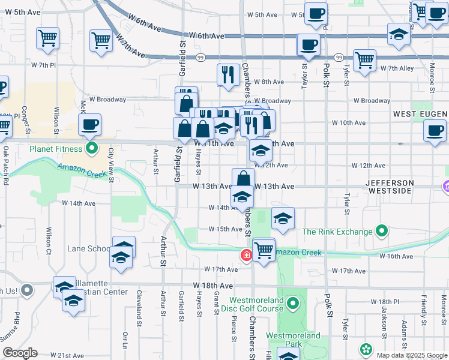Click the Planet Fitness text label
[58, 148]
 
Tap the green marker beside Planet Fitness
[91, 148]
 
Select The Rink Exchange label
[337, 232]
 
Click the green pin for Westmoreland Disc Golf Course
[293, 304]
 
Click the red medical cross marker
[246, 255]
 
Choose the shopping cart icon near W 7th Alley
[364, 61]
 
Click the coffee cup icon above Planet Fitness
[89, 125]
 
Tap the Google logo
[20, 353]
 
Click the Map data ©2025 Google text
[412, 355]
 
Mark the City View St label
[111, 163]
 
